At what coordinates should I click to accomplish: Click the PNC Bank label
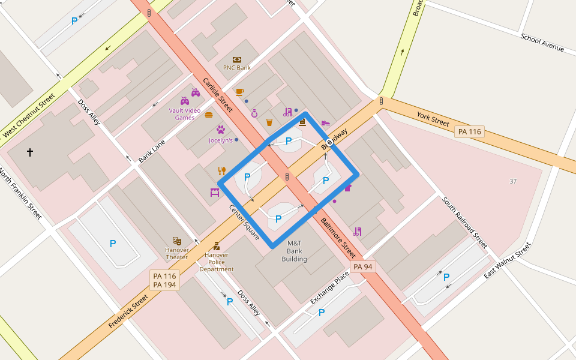point(237,68)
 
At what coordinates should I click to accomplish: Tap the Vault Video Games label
point(185,114)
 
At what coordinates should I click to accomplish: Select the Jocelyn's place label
point(220,140)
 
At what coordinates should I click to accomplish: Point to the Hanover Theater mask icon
point(176,241)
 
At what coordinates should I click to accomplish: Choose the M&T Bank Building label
point(294,251)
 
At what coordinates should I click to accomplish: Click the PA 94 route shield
point(363,266)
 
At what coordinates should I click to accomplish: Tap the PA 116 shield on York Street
point(469,131)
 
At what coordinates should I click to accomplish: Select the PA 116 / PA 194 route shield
point(164,280)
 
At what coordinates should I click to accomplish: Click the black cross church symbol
point(30,152)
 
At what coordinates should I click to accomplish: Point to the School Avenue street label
point(542,43)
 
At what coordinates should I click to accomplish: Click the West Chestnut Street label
point(29,114)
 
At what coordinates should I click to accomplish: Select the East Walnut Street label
point(508,261)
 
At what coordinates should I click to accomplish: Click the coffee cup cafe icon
point(239,92)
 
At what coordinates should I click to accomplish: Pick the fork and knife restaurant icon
point(221,170)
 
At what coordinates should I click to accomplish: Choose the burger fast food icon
point(209,114)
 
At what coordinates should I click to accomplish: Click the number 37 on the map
point(512,181)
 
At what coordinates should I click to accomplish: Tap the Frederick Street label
point(128,311)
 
